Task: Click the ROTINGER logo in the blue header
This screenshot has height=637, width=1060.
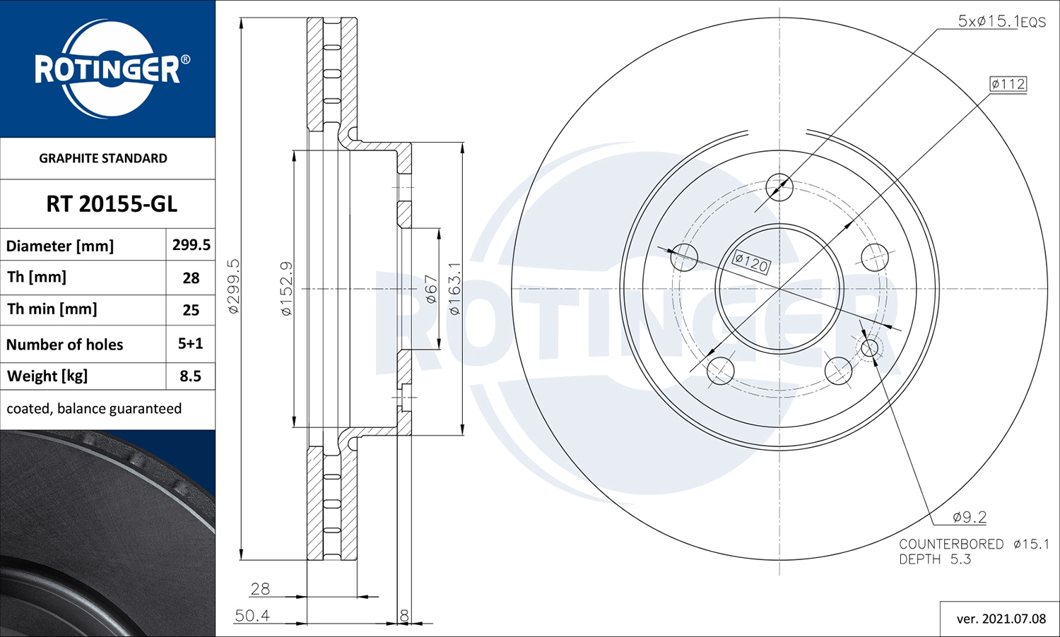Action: coord(108,69)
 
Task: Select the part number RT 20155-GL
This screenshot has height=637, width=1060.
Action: coord(112,204)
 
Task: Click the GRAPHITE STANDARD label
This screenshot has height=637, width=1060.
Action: coord(103,158)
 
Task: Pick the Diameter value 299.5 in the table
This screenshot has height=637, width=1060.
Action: coord(191,245)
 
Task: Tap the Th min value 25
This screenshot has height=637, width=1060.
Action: coord(191,310)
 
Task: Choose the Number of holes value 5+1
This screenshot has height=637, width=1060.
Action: coord(190,344)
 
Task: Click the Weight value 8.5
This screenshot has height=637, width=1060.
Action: coord(190,376)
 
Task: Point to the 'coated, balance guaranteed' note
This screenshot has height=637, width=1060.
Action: coord(94,409)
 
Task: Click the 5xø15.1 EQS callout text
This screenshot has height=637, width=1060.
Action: coord(1001,21)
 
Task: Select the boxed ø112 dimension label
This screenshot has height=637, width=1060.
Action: coord(1008,84)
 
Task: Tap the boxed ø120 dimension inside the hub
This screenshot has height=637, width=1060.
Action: coord(751,263)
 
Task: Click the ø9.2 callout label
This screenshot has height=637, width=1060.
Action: coord(969,517)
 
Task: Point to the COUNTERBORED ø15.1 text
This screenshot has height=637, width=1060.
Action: coord(974,544)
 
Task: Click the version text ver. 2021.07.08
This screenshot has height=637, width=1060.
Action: coord(1001,619)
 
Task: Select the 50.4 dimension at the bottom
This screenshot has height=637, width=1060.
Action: coord(252,616)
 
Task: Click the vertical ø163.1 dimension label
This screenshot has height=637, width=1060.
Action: coord(454,288)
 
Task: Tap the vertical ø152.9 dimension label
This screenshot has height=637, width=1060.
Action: coord(285,288)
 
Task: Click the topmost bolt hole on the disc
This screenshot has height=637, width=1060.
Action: coord(779,187)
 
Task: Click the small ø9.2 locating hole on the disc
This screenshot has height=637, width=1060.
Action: coord(869,347)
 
